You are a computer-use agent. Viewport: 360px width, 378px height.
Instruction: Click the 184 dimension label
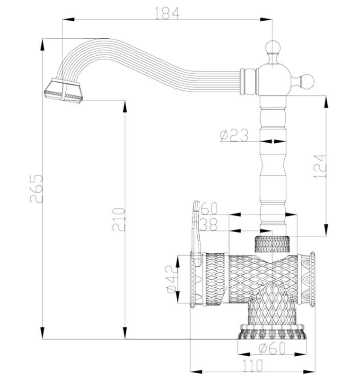click(167, 13)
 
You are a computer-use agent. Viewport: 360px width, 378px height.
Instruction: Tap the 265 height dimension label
click(36, 189)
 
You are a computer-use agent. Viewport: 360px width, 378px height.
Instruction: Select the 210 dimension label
click(119, 220)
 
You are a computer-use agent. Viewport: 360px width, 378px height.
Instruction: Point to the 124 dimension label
click(320, 166)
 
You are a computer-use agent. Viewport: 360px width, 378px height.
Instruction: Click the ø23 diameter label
click(234, 135)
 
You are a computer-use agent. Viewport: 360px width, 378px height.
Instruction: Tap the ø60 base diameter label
click(272, 348)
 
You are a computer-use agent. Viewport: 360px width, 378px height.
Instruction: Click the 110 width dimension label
click(252, 366)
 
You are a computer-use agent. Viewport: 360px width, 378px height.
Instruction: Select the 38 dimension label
click(209, 225)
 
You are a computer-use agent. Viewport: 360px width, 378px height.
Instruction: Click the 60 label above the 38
click(209, 208)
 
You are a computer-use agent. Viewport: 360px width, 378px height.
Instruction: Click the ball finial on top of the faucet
click(272, 47)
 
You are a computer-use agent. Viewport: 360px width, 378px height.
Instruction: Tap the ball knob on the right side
click(307, 80)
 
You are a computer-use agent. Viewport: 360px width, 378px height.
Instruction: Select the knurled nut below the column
click(272, 244)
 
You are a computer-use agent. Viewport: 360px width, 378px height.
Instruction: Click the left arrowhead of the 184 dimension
click(68, 19)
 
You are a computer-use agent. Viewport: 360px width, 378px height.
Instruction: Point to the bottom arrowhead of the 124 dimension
click(326, 230)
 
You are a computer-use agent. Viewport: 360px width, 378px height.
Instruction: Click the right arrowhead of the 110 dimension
click(309, 371)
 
